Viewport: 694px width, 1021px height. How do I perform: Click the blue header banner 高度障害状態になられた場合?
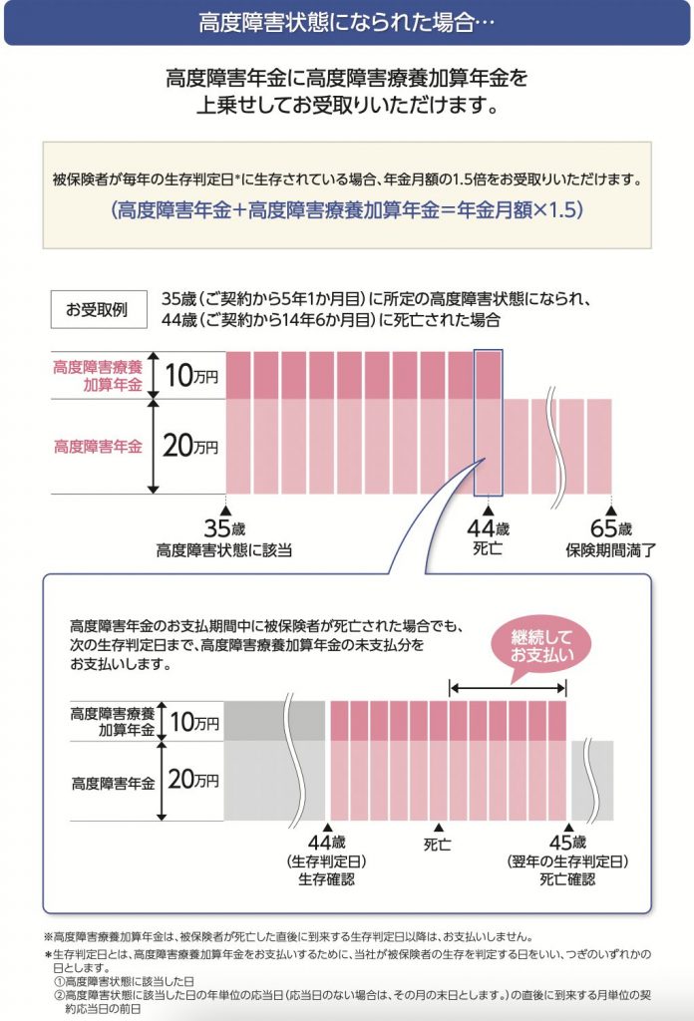click(346, 22)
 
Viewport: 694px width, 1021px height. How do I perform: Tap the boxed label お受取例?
click(97, 309)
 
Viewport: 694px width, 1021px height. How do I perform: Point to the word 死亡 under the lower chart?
click(437, 844)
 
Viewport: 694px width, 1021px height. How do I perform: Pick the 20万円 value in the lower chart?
click(191, 780)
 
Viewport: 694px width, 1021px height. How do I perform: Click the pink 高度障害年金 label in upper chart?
click(98, 447)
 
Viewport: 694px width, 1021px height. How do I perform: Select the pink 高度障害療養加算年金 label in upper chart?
click(98, 375)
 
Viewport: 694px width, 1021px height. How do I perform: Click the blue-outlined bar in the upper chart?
click(489, 422)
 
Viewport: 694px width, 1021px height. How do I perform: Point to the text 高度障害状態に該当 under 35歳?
click(224, 548)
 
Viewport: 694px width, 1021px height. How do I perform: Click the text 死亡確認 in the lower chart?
click(567, 879)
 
